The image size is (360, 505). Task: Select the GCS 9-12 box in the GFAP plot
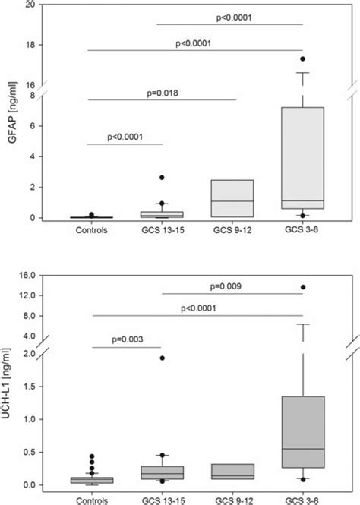click(x=233, y=198)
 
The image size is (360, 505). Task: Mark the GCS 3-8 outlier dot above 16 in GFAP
click(x=302, y=58)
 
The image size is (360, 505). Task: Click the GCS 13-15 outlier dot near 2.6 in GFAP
click(x=162, y=178)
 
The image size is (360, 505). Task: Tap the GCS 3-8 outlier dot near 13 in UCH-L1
click(x=302, y=287)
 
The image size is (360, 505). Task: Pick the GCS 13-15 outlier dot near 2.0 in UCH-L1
click(x=162, y=358)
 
